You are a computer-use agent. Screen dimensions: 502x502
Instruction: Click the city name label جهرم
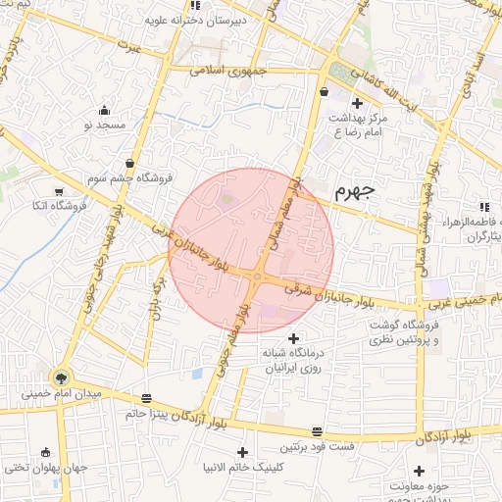(x=355, y=192)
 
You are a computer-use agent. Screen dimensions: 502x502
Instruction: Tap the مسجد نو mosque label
(x=105, y=125)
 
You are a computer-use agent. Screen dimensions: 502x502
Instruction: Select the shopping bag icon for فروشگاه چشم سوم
(x=129, y=163)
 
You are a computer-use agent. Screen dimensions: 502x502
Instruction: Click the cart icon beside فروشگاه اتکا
(x=60, y=191)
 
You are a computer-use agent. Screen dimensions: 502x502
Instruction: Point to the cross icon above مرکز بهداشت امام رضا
(x=357, y=103)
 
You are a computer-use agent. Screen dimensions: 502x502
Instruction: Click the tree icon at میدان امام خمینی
(x=62, y=377)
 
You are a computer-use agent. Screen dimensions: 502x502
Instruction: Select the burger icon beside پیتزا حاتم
(x=147, y=398)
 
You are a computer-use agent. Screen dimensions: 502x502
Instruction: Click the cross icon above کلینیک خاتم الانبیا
(x=242, y=452)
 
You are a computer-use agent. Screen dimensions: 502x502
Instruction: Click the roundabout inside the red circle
(x=256, y=280)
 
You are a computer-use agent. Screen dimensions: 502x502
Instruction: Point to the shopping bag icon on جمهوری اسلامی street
(x=324, y=93)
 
